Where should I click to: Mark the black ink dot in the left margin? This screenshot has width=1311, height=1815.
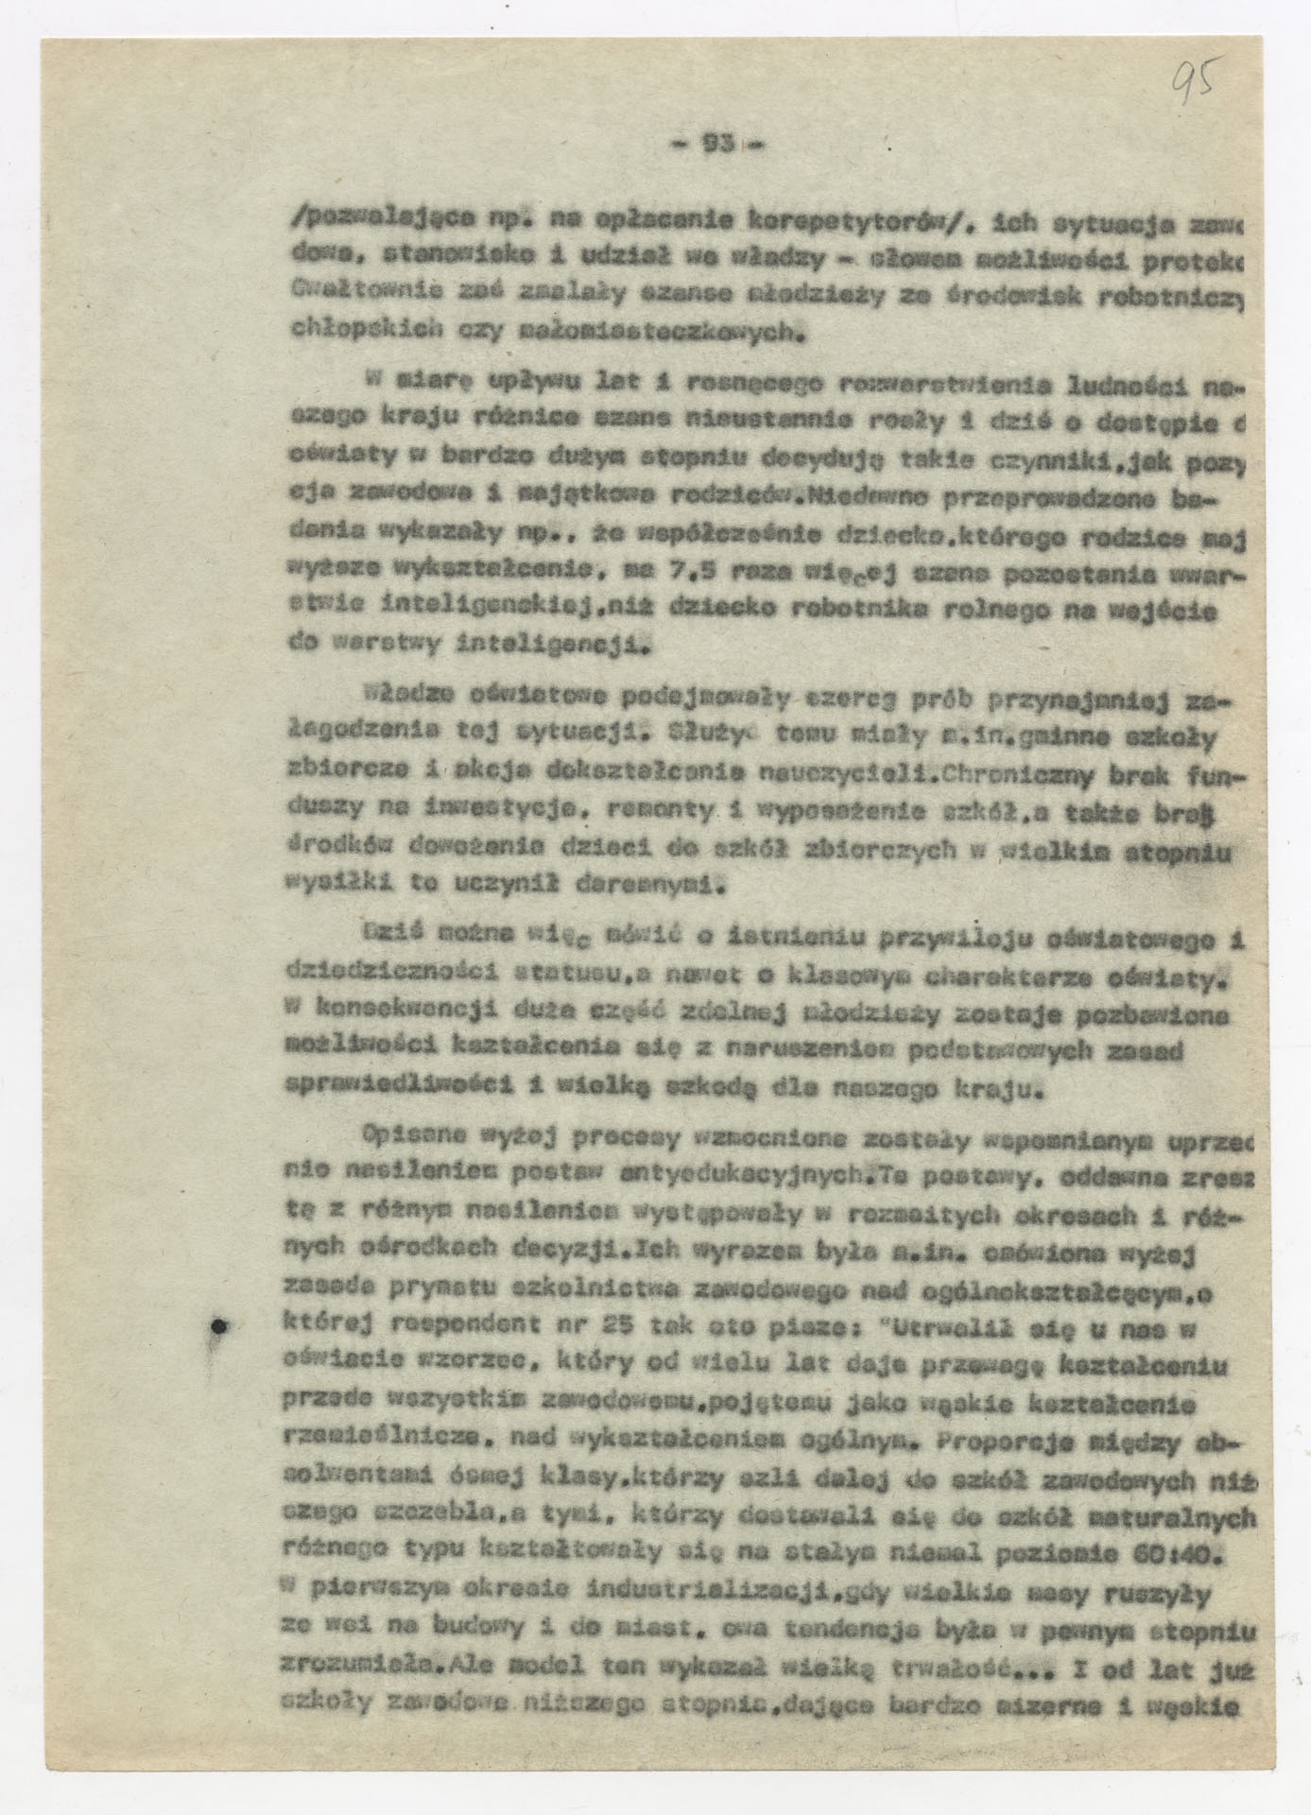(220, 1327)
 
